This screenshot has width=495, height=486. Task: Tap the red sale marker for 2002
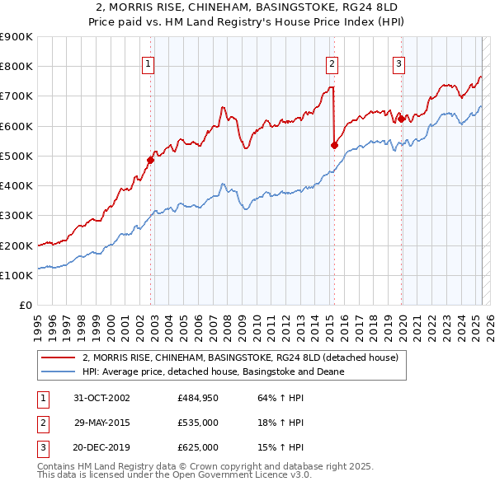click(x=151, y=160)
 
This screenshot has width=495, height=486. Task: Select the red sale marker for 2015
click(x=334, y=145)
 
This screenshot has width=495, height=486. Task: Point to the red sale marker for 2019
click(x=401, y=119)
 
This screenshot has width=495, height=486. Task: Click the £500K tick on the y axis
click(x=16, y=156)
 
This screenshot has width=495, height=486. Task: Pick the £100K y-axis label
click(x=16, y=275)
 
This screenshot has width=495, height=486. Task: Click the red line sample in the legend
click(x=58, y=357)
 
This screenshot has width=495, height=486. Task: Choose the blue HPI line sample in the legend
click(x=58, y=372)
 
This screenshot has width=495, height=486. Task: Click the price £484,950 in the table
click(x=198, y=397)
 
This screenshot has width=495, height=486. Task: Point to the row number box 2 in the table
click(x=41, y=423)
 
